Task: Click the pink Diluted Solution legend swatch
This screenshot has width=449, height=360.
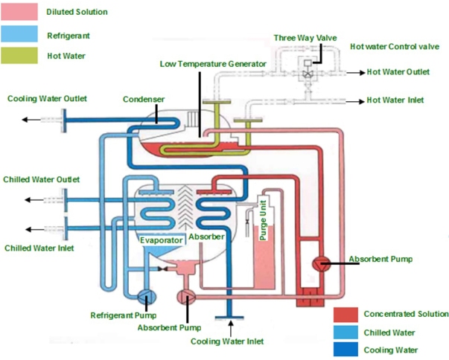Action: [x=19, y=11]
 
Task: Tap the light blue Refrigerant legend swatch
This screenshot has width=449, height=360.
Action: [x=19, y=33]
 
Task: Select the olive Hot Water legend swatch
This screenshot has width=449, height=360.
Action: [x=19, y=55]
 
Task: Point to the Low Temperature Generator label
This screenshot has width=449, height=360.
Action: [x=213, y=64]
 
